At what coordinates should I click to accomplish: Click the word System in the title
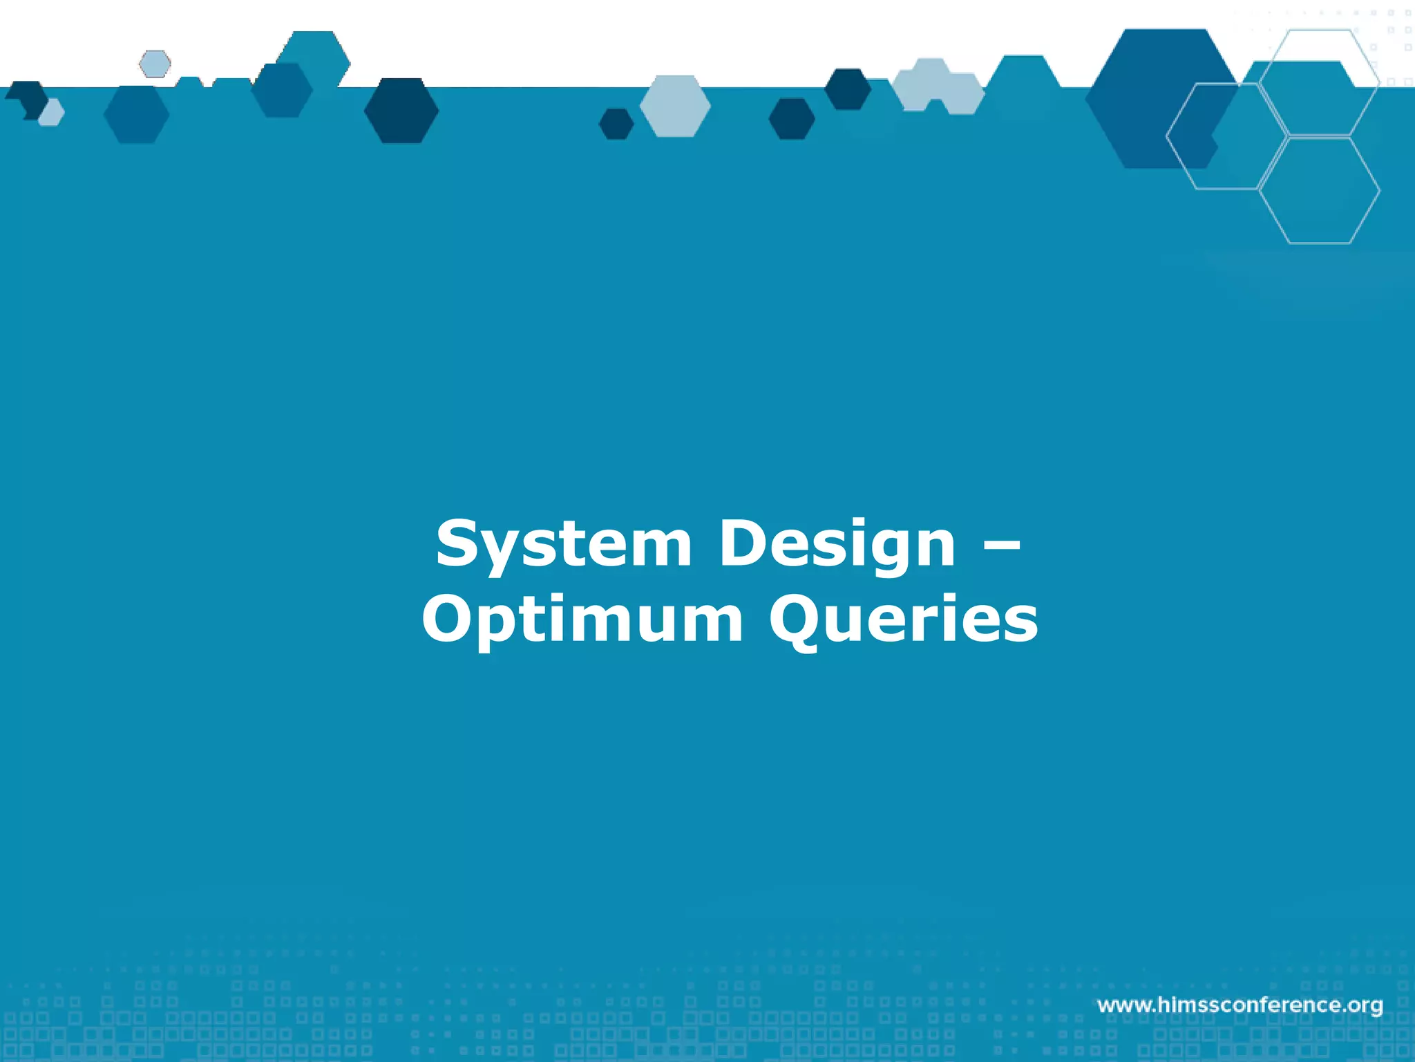[563, 545]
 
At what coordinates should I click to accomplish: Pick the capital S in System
[459, 543]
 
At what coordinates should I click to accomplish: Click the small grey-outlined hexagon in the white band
[155, 64]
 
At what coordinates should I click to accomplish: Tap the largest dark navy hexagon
[401, 111]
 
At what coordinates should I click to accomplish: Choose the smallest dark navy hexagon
[616, 124]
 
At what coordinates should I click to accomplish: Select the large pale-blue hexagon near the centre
[675, 106]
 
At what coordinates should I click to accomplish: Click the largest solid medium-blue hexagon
[1161, 98]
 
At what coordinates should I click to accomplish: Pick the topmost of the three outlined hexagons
[1319, 82]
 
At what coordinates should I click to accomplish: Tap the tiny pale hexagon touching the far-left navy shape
[52, 113]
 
